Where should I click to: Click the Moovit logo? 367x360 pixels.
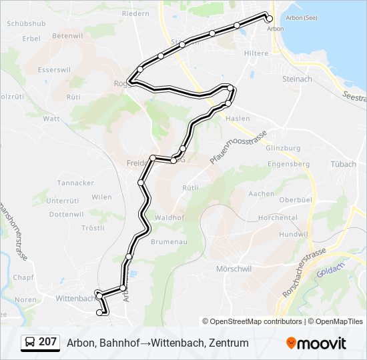click(316, 343)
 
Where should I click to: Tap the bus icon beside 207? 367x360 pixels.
click(30, 343)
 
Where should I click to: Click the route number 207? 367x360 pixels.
click(47, 342)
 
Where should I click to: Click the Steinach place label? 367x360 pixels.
click(298, 79)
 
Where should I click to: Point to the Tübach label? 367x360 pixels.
click(343, 163)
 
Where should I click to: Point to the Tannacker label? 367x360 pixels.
click(75, 183)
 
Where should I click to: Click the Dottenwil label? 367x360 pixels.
click(66, 214)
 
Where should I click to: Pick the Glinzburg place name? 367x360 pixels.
click(284, 147)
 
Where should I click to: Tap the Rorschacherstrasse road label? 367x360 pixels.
click(303, 274)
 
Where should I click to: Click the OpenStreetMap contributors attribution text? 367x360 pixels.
click(256, 321)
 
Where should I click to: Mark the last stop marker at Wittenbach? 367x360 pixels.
click(101, 312)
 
